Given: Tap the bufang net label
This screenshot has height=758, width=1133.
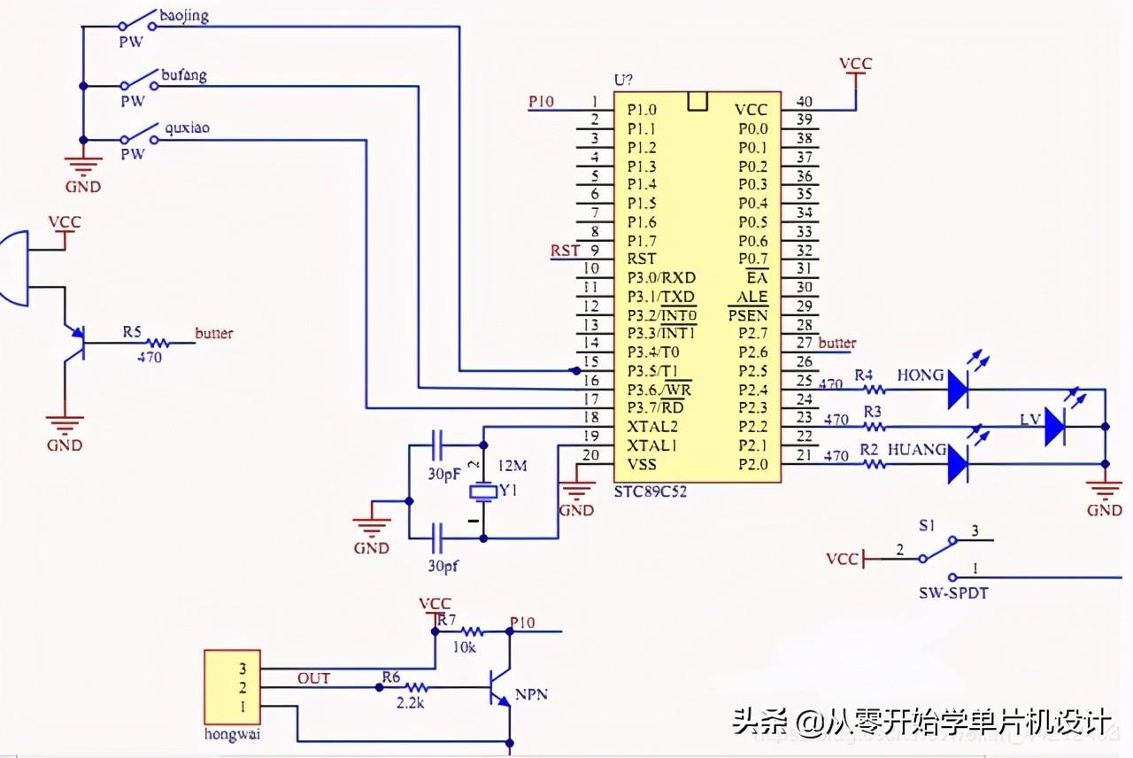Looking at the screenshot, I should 183,75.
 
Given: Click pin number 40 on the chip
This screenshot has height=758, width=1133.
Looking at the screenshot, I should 805,102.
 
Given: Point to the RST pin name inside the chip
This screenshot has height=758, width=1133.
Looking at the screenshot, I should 642,259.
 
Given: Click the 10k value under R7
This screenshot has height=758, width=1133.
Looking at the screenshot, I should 463,648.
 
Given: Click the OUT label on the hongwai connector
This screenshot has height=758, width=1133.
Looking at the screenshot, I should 313,678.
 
